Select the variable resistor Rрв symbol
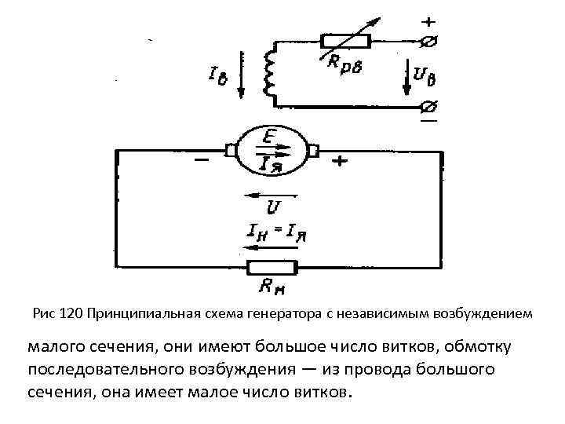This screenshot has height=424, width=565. pos(344,39)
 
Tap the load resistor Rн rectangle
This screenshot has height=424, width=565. pos(272,267)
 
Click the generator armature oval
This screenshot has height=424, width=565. pos(271,149)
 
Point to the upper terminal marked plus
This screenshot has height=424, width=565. pos(429,39)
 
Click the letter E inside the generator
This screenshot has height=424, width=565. pos(269,139)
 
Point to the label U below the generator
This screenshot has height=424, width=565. pos(274,209)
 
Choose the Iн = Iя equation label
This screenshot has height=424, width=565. pos(272,233)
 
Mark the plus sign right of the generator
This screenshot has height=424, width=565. pos(340,163)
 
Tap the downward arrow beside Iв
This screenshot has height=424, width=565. pos(241,75)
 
